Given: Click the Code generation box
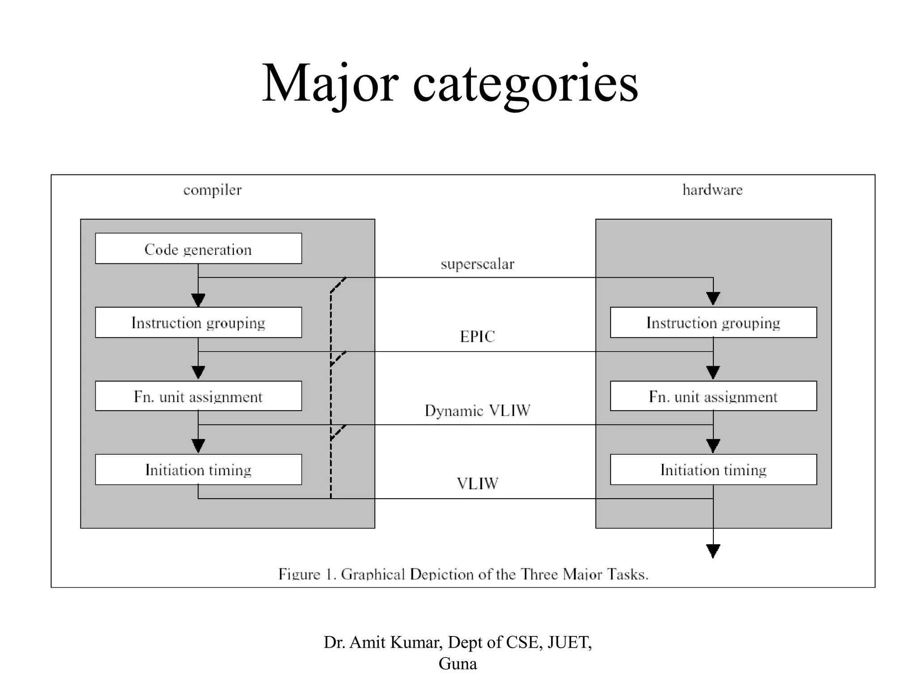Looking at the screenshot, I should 198,249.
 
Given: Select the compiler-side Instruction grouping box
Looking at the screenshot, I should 198,322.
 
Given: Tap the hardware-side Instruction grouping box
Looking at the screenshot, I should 713,322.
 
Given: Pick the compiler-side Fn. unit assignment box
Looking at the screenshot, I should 198,396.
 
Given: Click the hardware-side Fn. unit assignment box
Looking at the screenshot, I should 713,396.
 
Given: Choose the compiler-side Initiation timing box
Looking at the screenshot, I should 198,470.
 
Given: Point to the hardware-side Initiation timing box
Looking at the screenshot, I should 713,470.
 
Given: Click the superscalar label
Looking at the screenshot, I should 477,264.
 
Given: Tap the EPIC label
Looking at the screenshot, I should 477,337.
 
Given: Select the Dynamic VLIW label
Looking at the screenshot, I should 477,411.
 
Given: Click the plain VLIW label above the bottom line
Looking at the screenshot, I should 477,483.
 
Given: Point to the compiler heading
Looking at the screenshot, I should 212,190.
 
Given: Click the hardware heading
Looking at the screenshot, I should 712,190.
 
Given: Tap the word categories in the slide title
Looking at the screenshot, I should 525,84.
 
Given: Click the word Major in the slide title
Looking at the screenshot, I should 330,84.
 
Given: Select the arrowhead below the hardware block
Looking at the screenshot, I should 713,551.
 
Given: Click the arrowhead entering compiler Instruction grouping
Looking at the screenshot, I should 198,300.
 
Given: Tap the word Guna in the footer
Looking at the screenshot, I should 458,664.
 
